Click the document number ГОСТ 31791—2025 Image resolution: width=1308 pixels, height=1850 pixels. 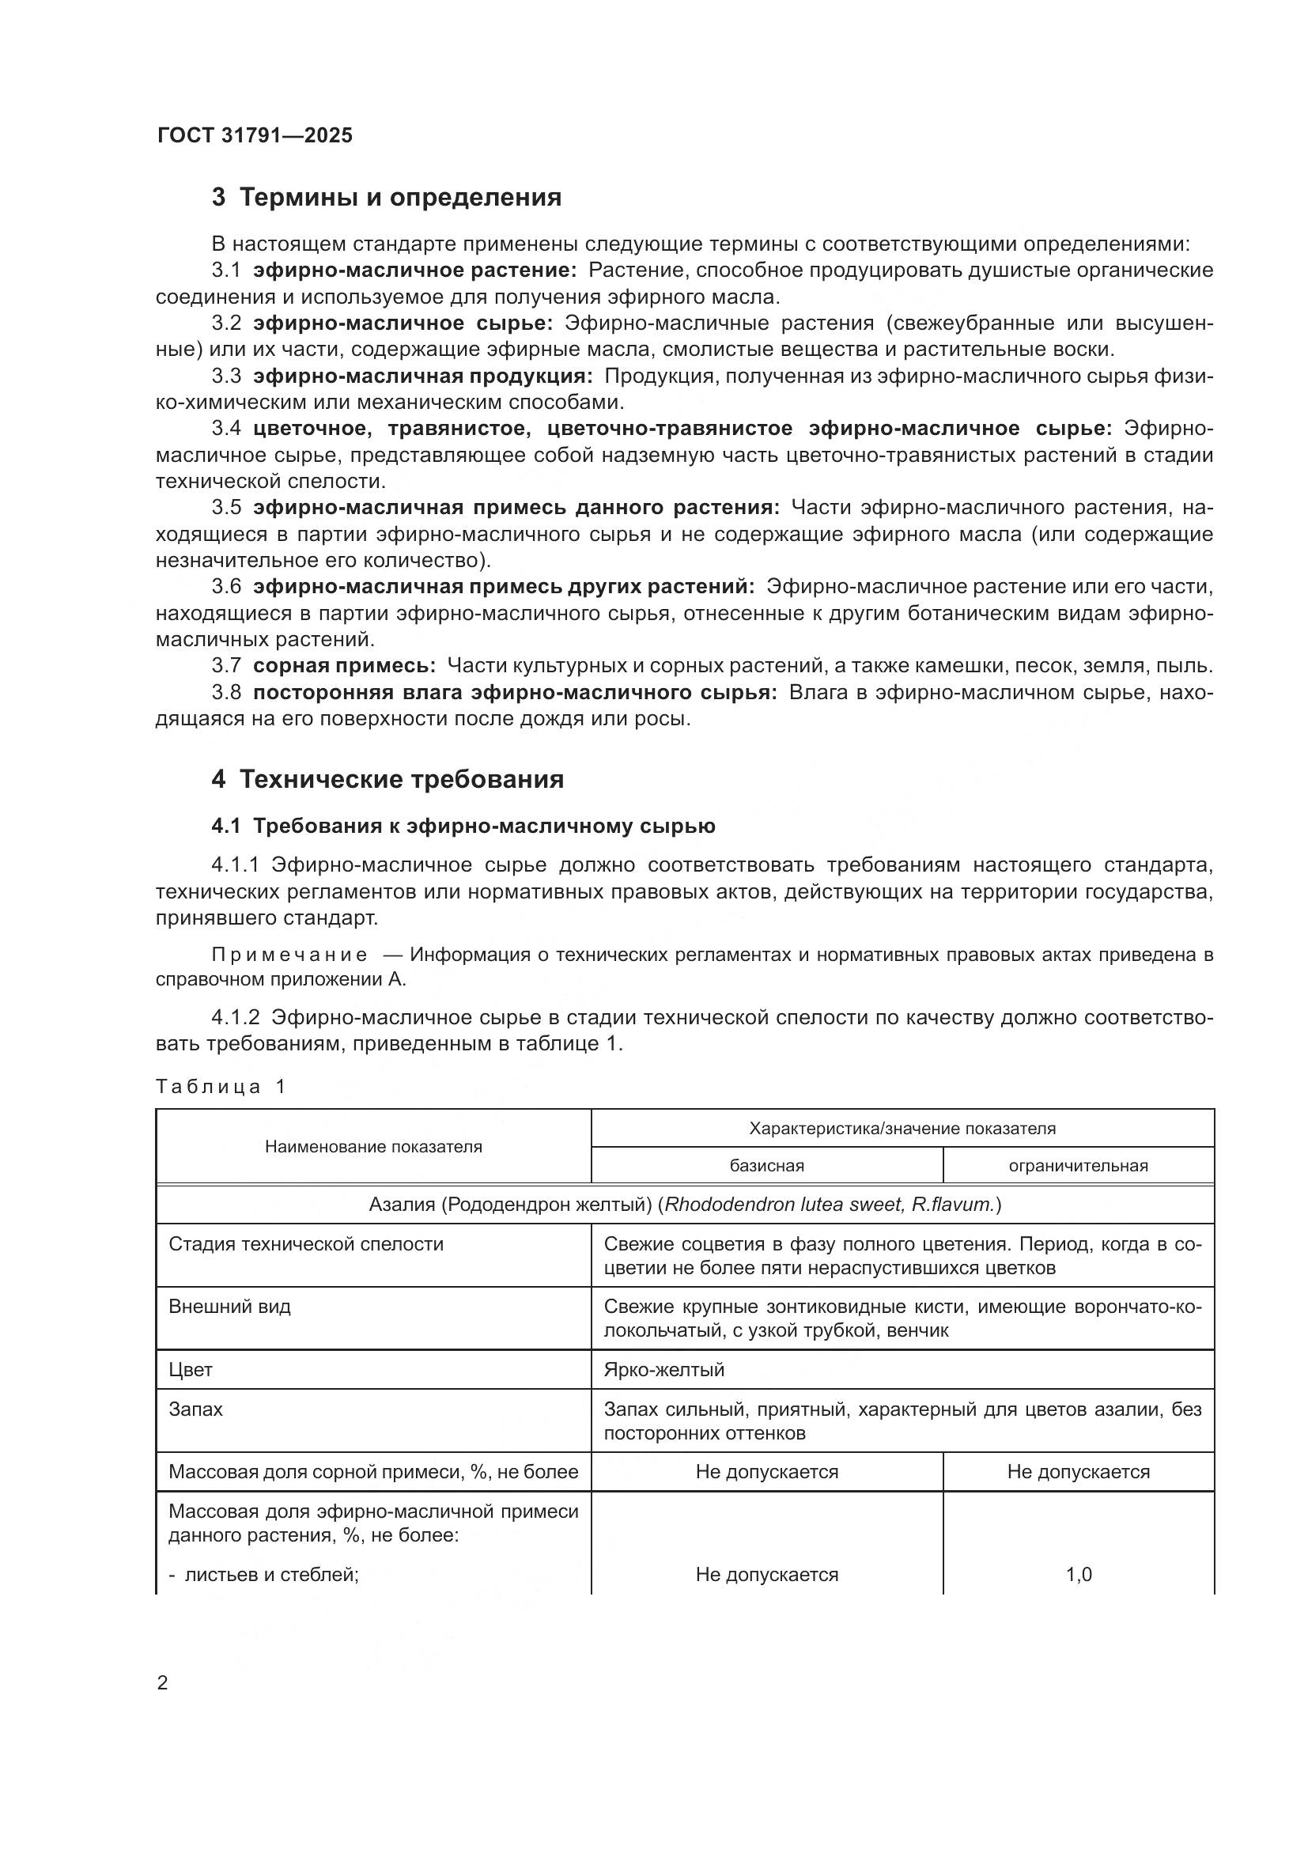(255, 135)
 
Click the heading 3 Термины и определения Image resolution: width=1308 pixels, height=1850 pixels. (387, 198)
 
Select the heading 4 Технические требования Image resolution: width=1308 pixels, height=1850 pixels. (387, 780)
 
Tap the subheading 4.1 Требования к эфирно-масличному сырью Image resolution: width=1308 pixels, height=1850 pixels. (463, 826)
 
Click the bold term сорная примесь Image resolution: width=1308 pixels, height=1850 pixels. (344, 666)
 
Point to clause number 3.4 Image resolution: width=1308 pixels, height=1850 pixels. (226, 429)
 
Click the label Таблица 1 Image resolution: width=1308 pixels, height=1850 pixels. (221, 1087)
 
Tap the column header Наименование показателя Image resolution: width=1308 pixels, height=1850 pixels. (374, 1147)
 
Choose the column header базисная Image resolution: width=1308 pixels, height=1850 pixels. (767, 1166)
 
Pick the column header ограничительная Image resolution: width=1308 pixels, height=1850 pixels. (1078, 1166)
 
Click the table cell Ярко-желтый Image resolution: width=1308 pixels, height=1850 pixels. (663, 1370)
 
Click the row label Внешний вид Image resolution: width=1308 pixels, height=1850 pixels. (229, 1306)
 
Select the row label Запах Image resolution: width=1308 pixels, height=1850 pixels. (195, 1409)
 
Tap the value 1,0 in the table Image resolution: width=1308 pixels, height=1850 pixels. (1079, 1575)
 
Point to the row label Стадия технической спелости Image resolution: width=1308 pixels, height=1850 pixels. (306, 1244)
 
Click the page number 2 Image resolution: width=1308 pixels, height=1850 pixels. (163, 1683)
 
